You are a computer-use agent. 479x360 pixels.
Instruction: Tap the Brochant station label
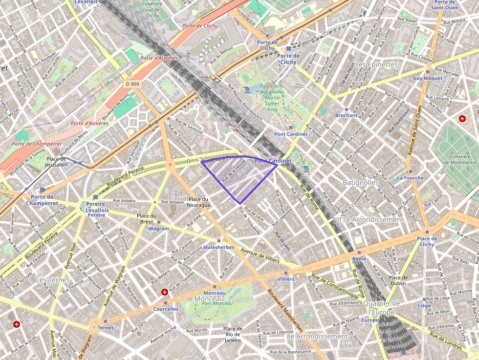pyautogui.click(x=346, y=115)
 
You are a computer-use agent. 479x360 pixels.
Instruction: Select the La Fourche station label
pyautogui.click(x=410, y=178)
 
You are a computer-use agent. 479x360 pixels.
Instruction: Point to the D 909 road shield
pyautogui.click(x=132, y=84)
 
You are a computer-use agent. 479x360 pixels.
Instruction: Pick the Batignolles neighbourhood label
pyautogui.click(x=361, y=182)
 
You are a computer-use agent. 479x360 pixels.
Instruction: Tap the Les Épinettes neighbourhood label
pyautogui.click(x=376, y=64)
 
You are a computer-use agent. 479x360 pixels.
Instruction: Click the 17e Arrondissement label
pyautogui.click(x=371, y=219)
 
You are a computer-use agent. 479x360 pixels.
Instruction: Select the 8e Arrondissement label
pyautogui.click(x=316, y=336)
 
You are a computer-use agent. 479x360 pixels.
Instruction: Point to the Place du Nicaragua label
pyautogui.click(x=199, y=202)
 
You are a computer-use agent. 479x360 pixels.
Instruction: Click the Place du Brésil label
pyautogui.click(x=146, y=218)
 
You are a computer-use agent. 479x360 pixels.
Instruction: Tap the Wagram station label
pyautogui.click(x=158, y=229)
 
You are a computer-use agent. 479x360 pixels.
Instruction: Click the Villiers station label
pyautogui.click(x=286, y=279)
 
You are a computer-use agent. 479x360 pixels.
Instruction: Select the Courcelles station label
pyautogui.click(x=166, y=309)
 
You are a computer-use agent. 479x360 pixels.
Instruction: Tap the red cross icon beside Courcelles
pyautogui.click(x=165, y=292)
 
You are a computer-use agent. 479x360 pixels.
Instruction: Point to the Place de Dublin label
pyautogui.click(x=398, y=280)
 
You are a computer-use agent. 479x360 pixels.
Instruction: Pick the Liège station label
pyautogui.click(x=424, y=305)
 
